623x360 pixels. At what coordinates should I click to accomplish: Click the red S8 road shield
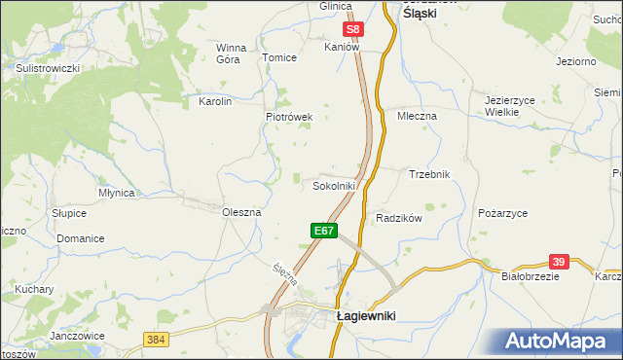pos(355,30)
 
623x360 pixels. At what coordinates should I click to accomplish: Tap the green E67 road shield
pos(324,231)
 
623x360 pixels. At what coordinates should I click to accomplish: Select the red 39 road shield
pos(558,262)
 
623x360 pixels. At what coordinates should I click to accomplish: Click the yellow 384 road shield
pos(156,339)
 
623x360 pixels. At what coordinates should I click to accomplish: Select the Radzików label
pos(398,218)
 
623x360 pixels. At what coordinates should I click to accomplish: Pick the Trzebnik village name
pos(429,174)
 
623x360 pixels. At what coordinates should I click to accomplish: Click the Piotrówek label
pos(289,117)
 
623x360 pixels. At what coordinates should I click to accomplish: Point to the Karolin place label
pos(215,101)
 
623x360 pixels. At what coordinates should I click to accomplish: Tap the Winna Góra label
pos(232,53)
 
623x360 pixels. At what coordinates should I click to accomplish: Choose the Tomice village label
pos(279,57)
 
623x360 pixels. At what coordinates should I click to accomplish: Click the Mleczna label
pos(418,115)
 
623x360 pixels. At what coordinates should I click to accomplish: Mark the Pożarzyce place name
pos(503,212)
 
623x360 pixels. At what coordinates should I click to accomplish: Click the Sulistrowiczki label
pos(47,68)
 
